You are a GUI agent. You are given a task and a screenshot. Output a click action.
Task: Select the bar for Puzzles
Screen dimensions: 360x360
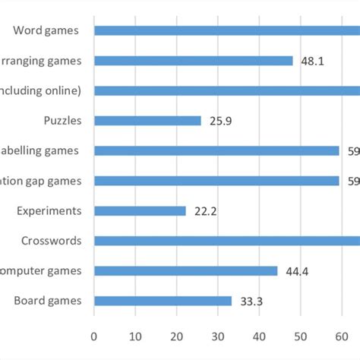(x=148, y=121)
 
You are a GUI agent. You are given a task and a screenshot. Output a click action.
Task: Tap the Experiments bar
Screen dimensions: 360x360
(x=140, y=211)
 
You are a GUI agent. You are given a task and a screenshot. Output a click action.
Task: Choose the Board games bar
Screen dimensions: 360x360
(x=163, y=301)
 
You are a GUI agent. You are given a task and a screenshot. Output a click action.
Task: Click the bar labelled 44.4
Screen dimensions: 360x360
(x=186, y=271)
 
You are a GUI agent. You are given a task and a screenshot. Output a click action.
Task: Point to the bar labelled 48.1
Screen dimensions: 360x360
(x=194, y=61)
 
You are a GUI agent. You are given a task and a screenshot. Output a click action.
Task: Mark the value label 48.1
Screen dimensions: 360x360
(x=312, y=61)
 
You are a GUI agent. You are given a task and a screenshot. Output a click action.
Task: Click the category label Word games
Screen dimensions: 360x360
(x=47, y=30)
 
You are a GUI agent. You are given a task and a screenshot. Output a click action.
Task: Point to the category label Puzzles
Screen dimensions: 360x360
(x=65, y=121)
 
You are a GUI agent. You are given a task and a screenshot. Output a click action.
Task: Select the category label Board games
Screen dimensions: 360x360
(x=47, y=301)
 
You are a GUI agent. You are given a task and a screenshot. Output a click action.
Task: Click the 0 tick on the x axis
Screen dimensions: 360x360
(x=94, y=334)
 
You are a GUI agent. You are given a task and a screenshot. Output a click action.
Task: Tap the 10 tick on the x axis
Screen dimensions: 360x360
(x=135, y=334)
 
